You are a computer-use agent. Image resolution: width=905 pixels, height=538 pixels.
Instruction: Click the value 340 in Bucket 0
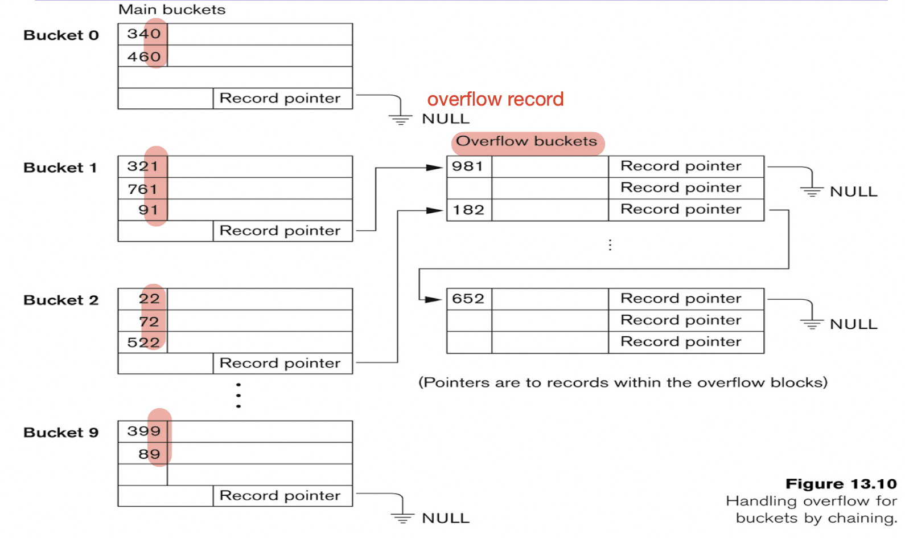click(x=143, y=34)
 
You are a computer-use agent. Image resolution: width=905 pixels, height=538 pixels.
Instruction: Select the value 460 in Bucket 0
click(x=143, y=56)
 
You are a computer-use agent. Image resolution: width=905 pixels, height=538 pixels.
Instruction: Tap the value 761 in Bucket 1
click(x=142, y=189)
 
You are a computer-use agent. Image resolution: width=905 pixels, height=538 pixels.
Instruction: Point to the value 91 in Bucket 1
click(x=148, y=210)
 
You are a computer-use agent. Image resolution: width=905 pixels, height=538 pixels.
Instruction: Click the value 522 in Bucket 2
click(x=143, y=342)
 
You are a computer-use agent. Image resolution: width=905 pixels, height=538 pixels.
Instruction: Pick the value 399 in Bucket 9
click(x=143, y=431)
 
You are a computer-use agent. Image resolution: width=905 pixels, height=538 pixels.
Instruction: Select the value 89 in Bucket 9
click(x=149, y=454)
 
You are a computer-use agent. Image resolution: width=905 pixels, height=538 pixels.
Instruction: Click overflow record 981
click(x=467, y=166)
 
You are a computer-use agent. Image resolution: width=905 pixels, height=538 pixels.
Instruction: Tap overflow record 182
click(x=468, y=210)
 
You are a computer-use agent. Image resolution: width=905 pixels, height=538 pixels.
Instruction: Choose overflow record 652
click(x=468, y=299)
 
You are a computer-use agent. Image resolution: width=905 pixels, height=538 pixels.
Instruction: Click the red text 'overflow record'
click(x=495, y=99)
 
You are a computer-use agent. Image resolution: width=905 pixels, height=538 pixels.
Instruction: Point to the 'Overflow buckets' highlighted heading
click(x=526, y=141)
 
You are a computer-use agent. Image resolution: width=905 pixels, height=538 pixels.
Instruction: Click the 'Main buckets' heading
click(x=172, y=10)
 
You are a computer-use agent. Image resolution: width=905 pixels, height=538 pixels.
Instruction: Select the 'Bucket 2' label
click(x=61, y=300)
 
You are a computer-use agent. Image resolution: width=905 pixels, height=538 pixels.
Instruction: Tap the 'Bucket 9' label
click(x=61, y=433)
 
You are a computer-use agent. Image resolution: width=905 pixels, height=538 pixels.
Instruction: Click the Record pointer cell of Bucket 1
click(x=280, y=231)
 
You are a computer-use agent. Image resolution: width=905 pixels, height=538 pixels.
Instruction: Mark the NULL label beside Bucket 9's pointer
click(x=445, y=518)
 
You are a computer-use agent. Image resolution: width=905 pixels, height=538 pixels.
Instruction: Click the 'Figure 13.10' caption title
click(x=841, y=484)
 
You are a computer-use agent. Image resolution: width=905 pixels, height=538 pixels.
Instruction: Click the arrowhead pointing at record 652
click(x=434, y=299)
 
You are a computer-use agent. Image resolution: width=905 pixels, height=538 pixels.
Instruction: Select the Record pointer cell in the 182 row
click(x=681, y=210)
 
